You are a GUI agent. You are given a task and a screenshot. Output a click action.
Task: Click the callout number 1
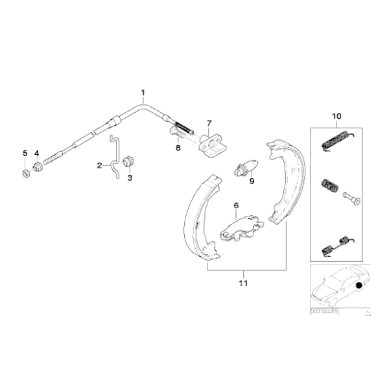point(143,92)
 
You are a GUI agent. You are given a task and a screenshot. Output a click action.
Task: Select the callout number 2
point(100,165)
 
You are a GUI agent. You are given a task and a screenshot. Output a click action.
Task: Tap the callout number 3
point(129,178)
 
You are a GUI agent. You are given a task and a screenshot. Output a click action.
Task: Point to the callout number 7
point(209,123)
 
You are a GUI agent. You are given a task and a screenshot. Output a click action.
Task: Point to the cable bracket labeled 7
point(211,144)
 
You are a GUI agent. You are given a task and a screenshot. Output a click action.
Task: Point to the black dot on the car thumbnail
point(359,285)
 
